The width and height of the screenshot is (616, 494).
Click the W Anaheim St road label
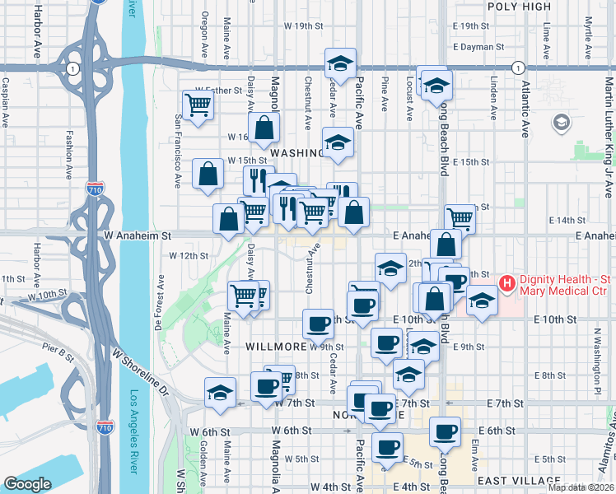point(138,235)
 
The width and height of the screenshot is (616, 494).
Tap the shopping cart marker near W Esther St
point(198,105)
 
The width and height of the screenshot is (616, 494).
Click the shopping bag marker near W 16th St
point(264,128)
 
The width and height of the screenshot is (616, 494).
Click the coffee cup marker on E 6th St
point(446,431)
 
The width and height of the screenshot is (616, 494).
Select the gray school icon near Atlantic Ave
point(562,123)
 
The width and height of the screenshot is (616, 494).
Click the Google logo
point(27,484)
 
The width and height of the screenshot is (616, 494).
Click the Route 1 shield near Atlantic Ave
point(517,68)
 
